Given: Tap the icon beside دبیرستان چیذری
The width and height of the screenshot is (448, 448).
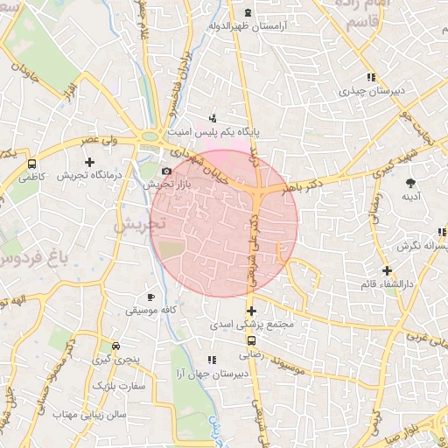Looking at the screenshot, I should [372, 78].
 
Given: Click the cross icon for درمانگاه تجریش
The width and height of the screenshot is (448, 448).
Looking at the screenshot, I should [89, 162].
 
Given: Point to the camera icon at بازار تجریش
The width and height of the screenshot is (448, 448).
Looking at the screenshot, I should [166, 171].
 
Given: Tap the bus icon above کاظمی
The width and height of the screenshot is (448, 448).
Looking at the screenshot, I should [32, 164].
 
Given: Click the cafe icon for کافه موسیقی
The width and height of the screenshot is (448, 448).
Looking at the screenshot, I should [151, 297].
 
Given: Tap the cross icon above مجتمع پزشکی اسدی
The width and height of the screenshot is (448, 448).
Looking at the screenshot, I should [251, 311].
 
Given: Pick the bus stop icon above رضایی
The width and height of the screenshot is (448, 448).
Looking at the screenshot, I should [251, 341].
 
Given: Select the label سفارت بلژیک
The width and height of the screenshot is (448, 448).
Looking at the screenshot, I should [123, 385].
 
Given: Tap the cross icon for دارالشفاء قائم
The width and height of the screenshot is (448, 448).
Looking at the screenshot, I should [387, 271].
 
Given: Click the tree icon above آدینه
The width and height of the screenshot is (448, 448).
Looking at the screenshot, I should [410, 182].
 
